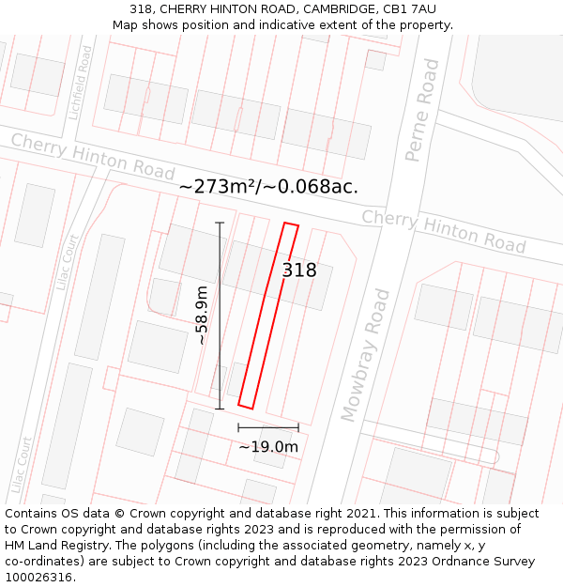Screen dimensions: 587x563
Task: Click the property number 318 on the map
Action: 299,270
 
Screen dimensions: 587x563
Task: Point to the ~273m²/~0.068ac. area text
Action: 268,187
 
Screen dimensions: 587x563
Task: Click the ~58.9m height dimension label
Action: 202,316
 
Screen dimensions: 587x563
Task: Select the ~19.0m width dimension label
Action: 268,447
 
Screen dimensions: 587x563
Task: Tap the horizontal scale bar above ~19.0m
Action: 268,428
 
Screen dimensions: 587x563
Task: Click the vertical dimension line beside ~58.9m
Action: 220,316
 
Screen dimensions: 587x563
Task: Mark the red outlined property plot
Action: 268,317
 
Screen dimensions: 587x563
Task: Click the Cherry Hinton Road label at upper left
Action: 93,156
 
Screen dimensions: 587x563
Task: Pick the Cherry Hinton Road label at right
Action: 443,231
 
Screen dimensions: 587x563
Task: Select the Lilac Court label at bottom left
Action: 20,467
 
